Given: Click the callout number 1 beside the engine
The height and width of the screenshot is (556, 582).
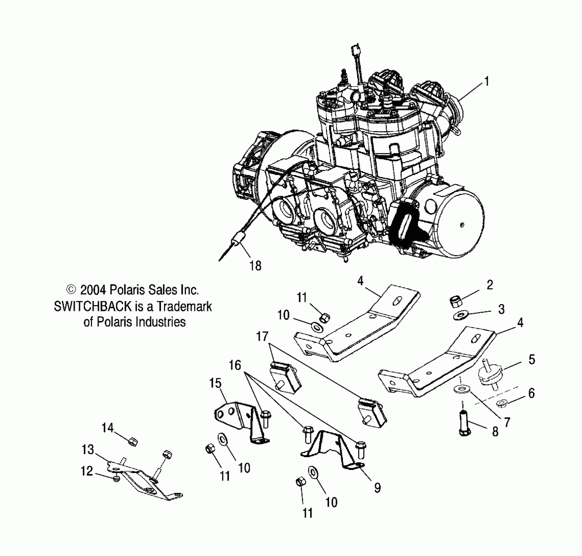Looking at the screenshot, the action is pos(487,81).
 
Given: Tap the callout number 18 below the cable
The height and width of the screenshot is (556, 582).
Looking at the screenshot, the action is pos(255,266).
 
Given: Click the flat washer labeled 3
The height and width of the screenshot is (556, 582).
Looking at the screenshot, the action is pos(461,316).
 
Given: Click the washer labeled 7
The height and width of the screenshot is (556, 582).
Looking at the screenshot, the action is pos(461,389).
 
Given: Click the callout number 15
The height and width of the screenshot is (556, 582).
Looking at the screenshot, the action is pos(215,383).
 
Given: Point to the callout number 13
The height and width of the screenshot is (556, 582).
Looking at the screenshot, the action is pos(88,450).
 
